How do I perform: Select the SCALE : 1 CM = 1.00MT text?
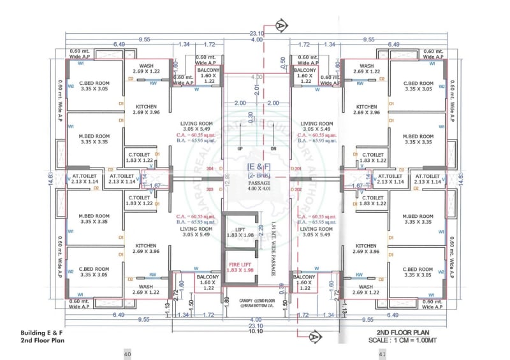click(x=405, y=340)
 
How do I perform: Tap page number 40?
click(x=127, y=354)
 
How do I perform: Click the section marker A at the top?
click(x=280, y=25)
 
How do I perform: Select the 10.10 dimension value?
click(x=256, y=331)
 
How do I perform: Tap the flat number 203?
click(x=211, y=189)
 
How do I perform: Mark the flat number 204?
click(x=211, y=169)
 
